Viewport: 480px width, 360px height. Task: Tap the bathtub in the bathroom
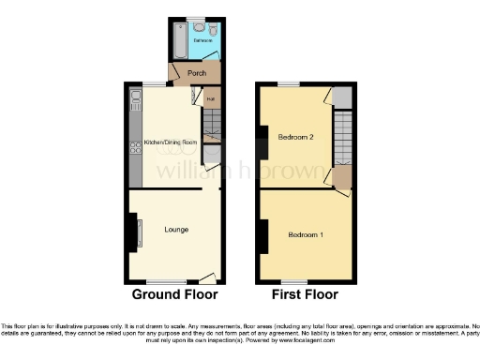pos(180,39)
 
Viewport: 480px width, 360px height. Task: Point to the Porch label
pos(197,73)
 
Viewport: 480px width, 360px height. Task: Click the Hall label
pos(211,97)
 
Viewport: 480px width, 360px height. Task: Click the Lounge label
pos(175,230)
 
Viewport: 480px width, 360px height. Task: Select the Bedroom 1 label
pos(306,233)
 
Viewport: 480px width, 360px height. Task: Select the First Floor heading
pos(305,296)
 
